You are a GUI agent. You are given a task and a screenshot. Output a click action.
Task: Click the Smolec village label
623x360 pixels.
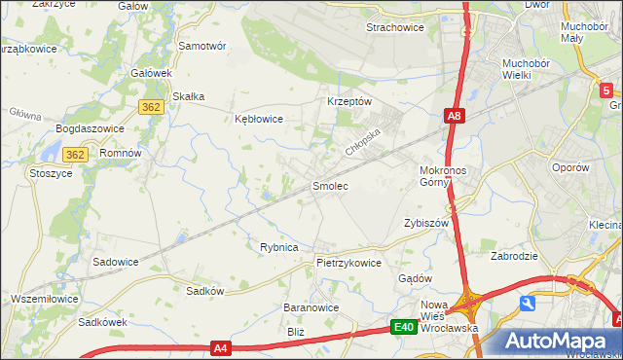(329, 185)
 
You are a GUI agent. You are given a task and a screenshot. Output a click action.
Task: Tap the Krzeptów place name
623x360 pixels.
(350, 101)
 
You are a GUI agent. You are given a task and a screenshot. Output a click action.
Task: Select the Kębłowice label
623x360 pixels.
(259, 119)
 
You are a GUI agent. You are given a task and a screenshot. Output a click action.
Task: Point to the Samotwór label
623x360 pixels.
(202, 46)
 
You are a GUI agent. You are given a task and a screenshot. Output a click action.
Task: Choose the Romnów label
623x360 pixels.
(122, 154)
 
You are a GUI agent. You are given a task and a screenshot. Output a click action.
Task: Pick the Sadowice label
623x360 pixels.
(115, 262)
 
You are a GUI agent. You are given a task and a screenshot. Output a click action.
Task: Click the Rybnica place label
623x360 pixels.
(278, 247)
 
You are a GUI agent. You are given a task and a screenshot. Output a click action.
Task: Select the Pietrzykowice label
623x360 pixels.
(348, 263)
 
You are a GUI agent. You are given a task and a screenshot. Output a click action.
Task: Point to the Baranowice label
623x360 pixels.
(311, 307)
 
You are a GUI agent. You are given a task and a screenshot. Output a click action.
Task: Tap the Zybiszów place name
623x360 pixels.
(425, 223)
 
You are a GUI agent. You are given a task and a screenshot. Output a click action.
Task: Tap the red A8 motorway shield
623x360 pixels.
(454, 117)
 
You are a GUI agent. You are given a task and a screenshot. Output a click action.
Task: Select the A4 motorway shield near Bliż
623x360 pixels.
(221, 346)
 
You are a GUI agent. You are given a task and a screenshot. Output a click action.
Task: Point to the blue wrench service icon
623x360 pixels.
(528, 304)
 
